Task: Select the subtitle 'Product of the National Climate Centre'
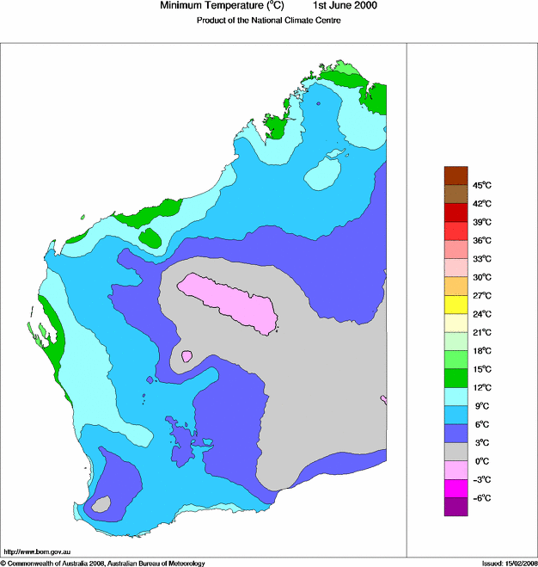(269, 21)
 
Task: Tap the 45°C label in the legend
(481, 186)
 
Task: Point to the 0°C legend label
(481, 462)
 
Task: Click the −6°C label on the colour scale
(481, 498)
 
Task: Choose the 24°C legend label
(481, 314)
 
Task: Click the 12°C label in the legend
(481, 388)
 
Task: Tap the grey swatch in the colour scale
(455, 452)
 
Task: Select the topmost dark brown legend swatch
(455, 176)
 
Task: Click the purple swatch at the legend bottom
(455, 507)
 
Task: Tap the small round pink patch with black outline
(186, 355)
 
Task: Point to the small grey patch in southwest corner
(101, 505)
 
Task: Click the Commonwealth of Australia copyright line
(103, 563)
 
